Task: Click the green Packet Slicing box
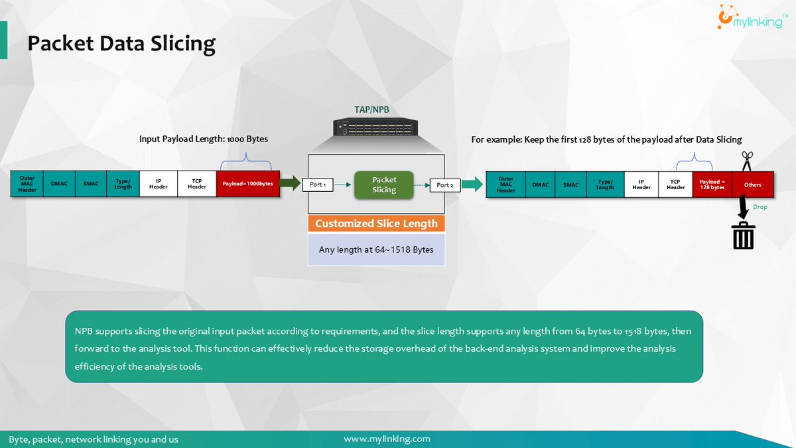click(384, 185)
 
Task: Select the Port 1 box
click(318, 185)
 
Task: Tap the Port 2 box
click(444, 185)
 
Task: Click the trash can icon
click(744, 235)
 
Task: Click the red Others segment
click(753, 185)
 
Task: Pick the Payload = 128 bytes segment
click(712, 185)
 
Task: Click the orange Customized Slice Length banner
click(376, 224)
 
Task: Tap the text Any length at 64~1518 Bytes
click(376, 250)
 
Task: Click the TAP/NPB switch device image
click(375, 127)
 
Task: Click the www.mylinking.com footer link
click(387, 439)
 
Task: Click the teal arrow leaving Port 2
click(472, 184)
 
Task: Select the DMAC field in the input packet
click(60, 185)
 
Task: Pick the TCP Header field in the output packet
click(676, 185)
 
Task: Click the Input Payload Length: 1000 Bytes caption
click(203, 139)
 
